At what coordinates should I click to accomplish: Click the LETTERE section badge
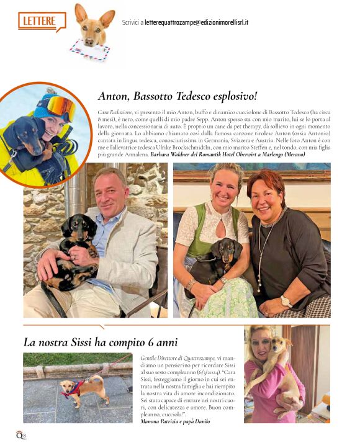[41, 20]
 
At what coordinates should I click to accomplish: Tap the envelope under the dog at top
[88, 49]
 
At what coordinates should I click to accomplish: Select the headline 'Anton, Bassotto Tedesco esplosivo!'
[178, 96]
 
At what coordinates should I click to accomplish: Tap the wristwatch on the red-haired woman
[286, 301]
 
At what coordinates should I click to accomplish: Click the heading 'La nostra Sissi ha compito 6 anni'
[101, 342]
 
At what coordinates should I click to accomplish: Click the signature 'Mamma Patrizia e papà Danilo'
[175, 421]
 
